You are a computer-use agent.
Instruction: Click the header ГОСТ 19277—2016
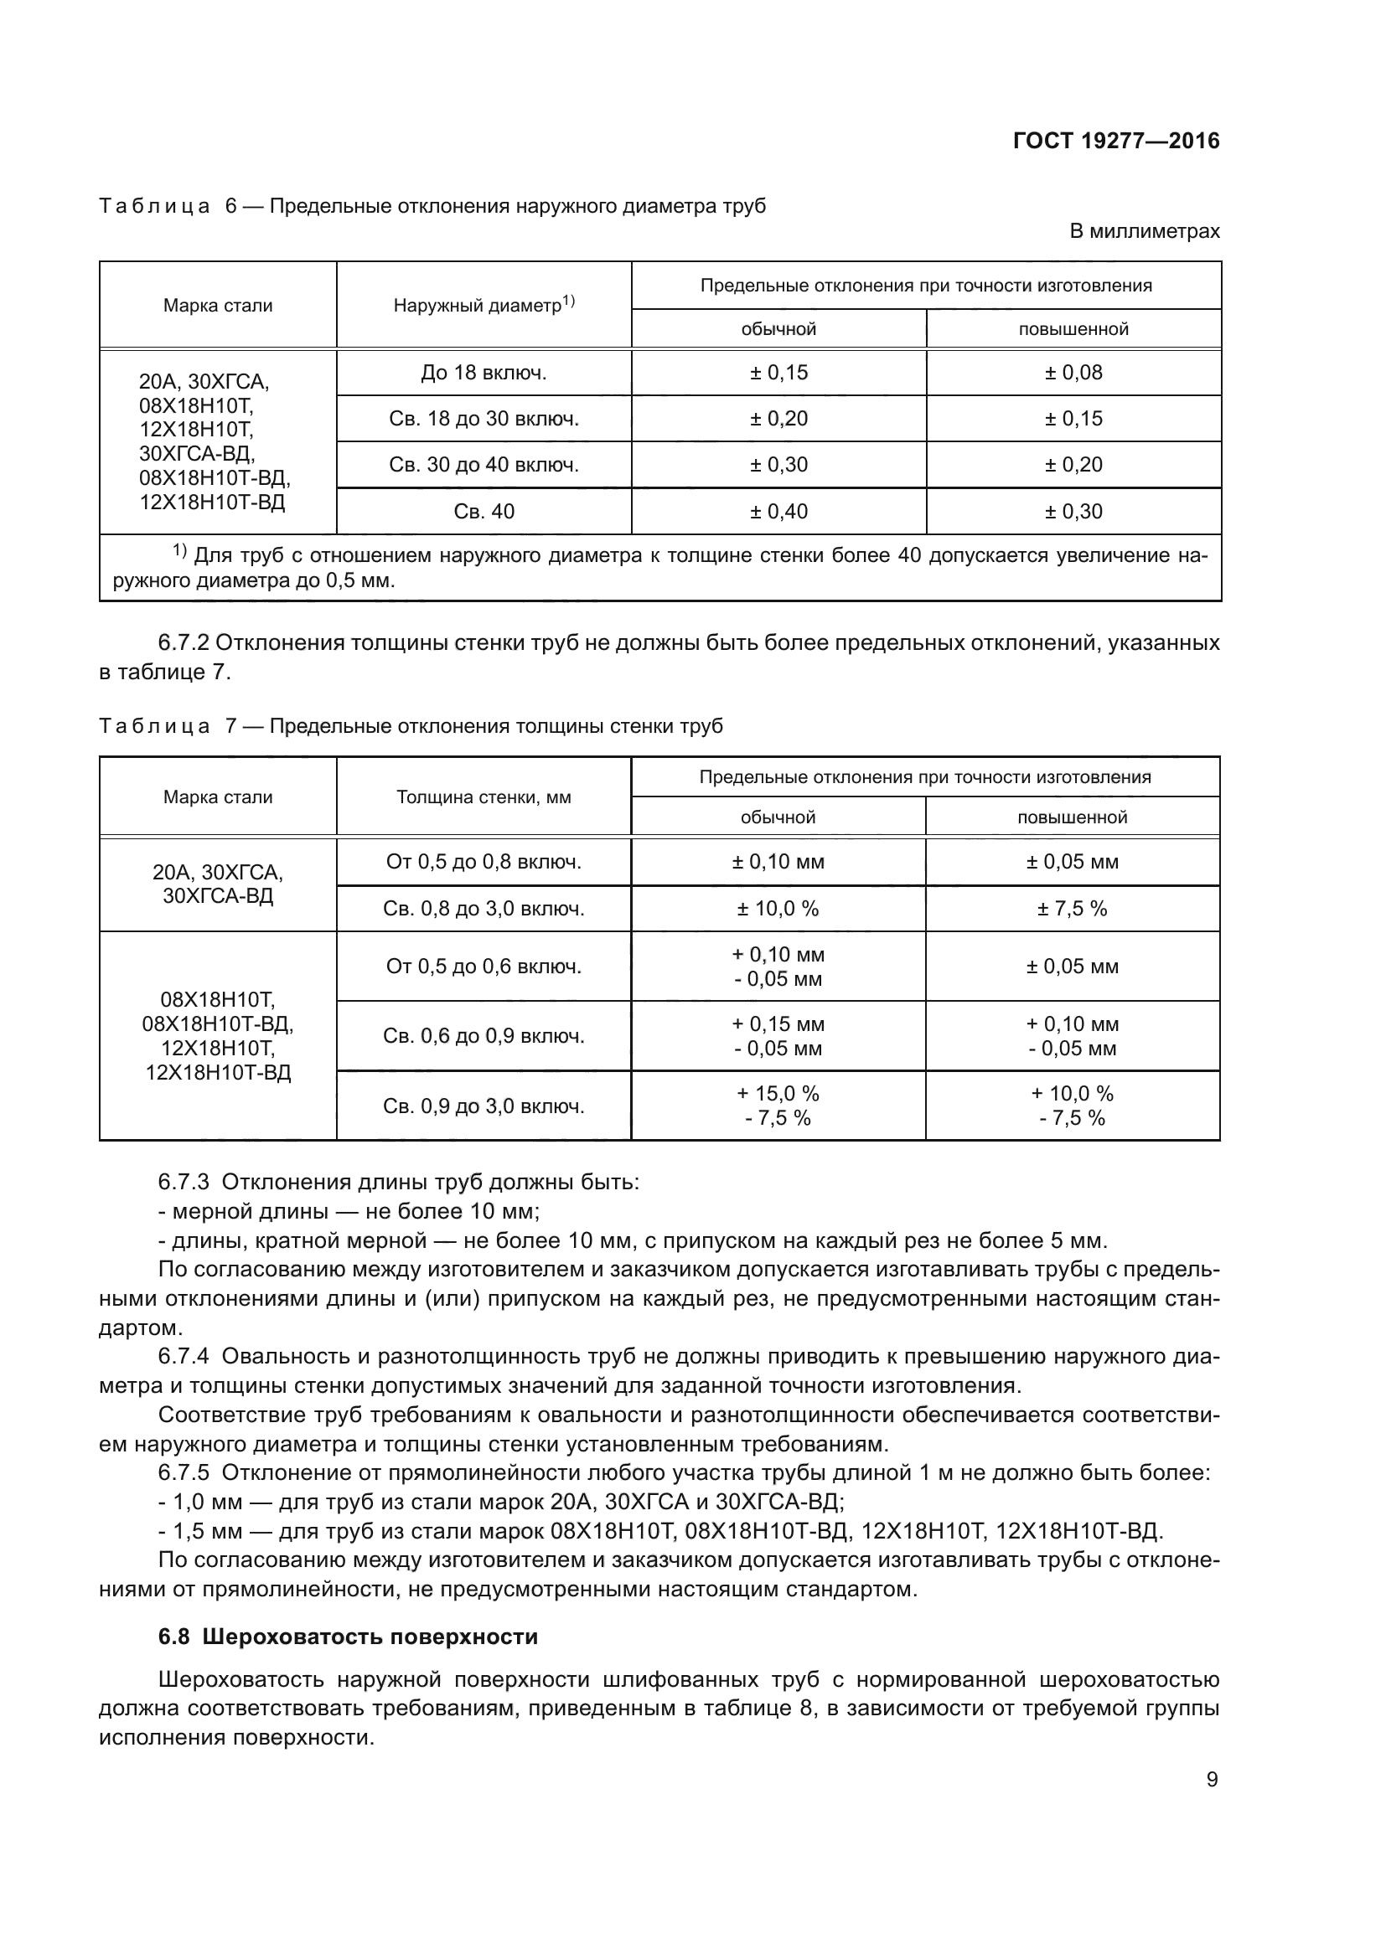(1115, 141)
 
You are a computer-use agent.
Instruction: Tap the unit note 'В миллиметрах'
(1145, 231)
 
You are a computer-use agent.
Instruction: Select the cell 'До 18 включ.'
(483, 373)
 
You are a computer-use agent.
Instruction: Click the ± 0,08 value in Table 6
(1073, 373)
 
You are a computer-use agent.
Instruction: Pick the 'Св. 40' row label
(483, 512)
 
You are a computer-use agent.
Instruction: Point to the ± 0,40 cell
(778, 512)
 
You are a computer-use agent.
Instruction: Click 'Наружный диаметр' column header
(483, 306)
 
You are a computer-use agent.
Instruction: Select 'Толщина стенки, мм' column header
(483, 798)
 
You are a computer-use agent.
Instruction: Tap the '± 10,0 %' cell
(778, 910)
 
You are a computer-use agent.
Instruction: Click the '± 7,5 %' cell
(1072, 910)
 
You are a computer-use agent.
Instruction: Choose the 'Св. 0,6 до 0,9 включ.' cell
(483, 1037)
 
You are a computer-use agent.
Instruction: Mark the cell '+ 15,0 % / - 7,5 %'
(778, 1106)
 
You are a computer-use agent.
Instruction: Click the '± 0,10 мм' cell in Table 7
(778, 863)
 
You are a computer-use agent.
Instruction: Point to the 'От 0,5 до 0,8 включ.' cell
(483, 863)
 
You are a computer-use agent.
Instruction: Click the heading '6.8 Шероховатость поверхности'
(349, 1637)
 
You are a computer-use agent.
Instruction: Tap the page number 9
(1212, 1780)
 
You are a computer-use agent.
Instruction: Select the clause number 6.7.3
(184, 1183)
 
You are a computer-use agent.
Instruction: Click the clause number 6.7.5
(184, 1473)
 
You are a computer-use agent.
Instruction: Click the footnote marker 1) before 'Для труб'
(180, 551)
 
